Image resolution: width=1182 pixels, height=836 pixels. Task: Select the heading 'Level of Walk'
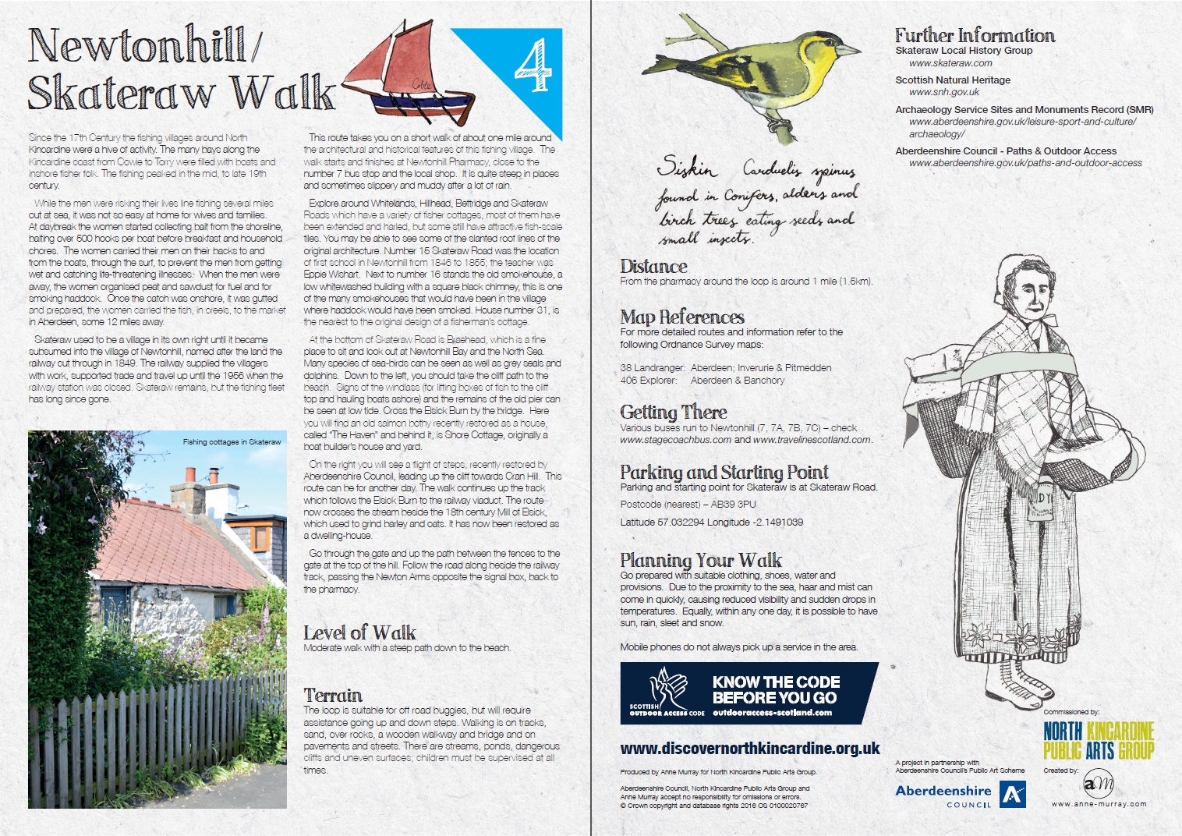(x=359, y=632)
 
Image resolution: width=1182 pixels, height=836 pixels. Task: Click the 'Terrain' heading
(x=333, y=695)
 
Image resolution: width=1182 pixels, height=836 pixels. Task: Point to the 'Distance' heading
(x=653, y=267)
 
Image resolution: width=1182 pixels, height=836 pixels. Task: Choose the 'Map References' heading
(x=682, y=317)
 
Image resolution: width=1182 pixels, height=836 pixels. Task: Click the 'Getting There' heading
(x=674, y=413)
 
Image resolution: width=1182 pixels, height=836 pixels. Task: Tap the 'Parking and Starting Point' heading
(x=724, y=472)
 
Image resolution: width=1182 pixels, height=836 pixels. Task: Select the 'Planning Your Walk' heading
(x=701, y=560)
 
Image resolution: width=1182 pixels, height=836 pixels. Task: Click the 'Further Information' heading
(x=975, y=35)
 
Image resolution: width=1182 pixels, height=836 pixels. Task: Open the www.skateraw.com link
(x=950, y=63)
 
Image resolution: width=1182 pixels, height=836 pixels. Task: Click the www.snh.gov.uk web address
(x=944, y=92)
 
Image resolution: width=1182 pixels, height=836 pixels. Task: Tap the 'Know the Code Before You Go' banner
(x=748, y=693)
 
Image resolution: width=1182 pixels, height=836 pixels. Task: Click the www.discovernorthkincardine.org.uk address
(x=750, y=749)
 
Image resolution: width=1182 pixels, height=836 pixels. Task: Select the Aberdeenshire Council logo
(x=960, y=795)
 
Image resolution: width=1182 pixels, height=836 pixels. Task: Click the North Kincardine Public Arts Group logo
(x=1098, y=740)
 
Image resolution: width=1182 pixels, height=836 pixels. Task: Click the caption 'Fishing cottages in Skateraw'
(x=232, y=442)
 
